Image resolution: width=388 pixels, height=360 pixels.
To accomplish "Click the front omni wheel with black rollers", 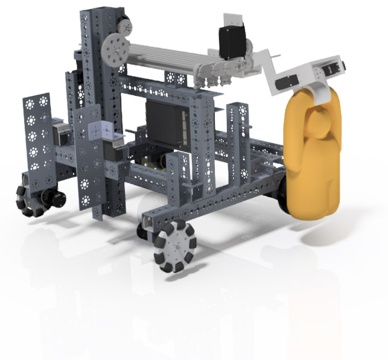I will click(x=175, y=245).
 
